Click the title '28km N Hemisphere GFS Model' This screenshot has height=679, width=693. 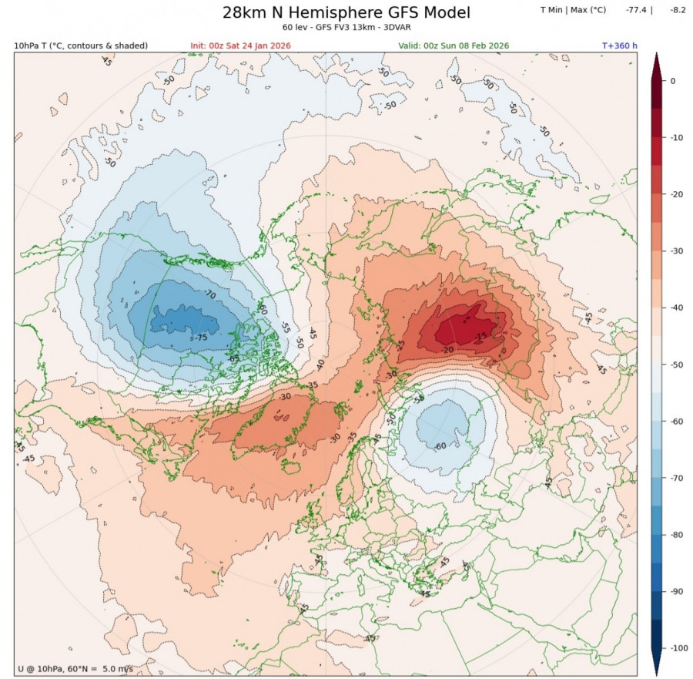pyautogui.click(x=346, y=13)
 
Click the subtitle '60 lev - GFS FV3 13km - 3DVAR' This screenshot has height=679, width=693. pyautogui.click(x=346, y=29)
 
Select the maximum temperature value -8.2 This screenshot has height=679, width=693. pyautogui.click(x=678, y=10)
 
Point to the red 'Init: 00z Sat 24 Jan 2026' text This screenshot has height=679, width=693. pyautogui.click(x=241, y=45)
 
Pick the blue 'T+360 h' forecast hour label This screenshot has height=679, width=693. pyautogui.click(x=619, y=45)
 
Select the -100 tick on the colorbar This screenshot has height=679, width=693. pyautogui.click(x=676, y=648)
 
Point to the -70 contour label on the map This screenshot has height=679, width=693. pyautogui.click(x=209, y=294)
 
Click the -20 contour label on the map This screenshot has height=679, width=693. pyautogui.click(x=447, y=349)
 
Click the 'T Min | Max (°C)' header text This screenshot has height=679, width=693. pyautogui.click(x=574, y=10)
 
